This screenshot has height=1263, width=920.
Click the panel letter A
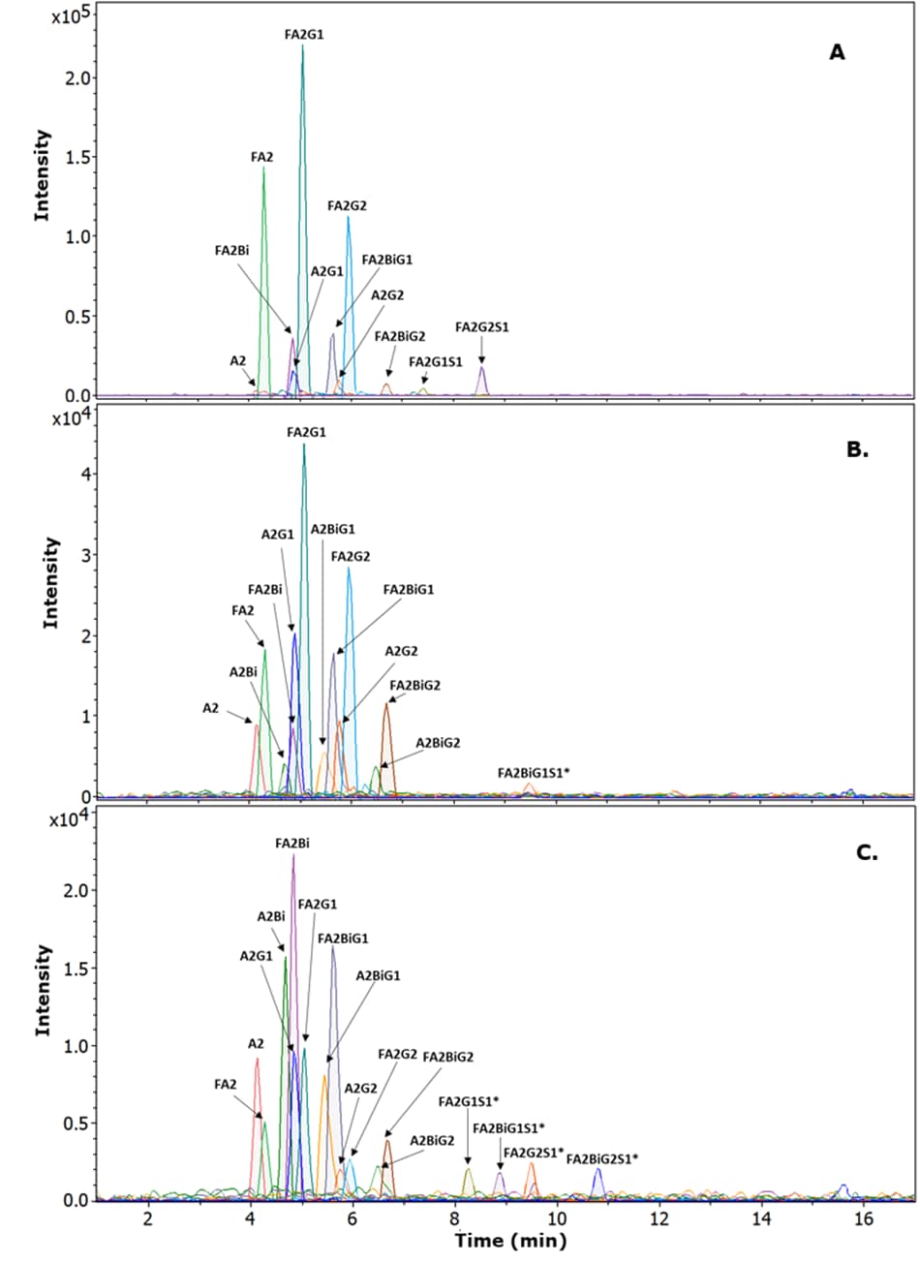[x=837, y=52]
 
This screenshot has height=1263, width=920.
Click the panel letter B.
[x=857, y=449]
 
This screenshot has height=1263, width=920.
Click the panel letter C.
[x=866, y=853]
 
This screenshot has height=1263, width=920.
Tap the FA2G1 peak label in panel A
[x=304, y=34]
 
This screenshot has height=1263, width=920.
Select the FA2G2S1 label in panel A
[x=482, y=327]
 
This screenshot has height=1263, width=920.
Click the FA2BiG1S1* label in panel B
[x=533, y=773]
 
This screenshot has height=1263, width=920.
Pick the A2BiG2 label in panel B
[x=438, y=743]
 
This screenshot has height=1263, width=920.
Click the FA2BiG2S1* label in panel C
[x=602, y=1158]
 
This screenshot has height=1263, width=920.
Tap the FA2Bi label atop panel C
[x=292, y=844]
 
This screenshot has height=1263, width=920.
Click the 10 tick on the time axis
[x=557, y=1217]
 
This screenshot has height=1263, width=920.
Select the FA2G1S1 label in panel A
[x=435, y=361]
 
